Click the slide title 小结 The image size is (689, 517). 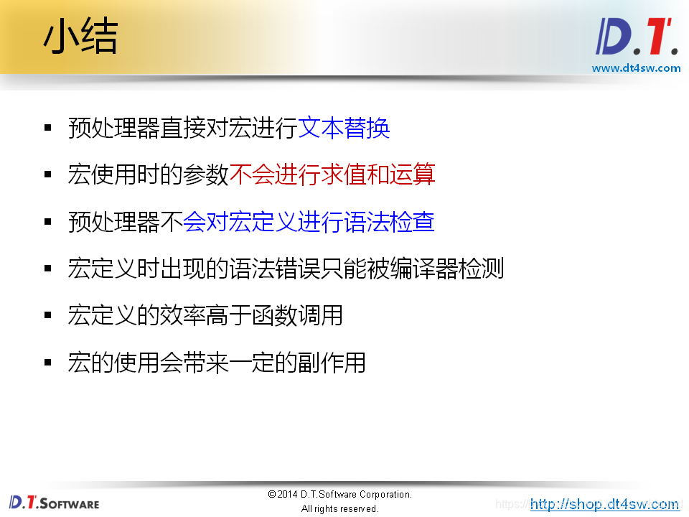(80, 37)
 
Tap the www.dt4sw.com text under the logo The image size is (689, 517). (636, 68)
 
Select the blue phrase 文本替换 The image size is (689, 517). (344, 129)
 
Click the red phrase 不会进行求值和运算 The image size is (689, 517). (332, 175)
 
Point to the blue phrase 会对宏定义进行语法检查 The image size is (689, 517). (309, 222)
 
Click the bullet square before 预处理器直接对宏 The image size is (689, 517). (48, 129)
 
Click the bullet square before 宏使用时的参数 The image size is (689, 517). (48, 175)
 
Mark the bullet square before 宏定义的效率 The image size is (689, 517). (48, 315)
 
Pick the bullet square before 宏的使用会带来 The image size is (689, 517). (48, 362)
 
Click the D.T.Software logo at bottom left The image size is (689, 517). (54, 503)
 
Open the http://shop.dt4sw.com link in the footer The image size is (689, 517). (604, 504)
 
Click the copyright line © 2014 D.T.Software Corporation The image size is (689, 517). (339, 494)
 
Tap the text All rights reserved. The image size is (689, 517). (339, 508)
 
